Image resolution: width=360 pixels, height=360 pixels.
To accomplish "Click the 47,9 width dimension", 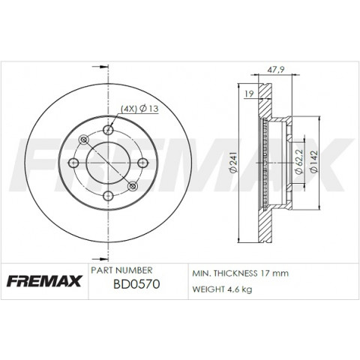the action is pyautogui.click(x=276, y=70).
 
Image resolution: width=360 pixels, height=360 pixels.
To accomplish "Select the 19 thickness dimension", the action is pyautogui.click(x=249, y=94).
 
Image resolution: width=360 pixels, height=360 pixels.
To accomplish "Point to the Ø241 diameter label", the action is pyautogui.click(x=232, y=162).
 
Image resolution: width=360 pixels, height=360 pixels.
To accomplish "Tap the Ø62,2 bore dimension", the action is pyautogui.click(x=299, y=162).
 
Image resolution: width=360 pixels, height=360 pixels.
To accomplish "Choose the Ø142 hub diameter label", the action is pyautogui.click(x=313, y=162).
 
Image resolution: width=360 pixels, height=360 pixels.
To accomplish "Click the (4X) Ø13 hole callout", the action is pyautogui.click(x=139, y=109).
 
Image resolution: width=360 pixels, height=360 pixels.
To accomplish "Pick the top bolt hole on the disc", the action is pyautogui.click(x=108, y=130).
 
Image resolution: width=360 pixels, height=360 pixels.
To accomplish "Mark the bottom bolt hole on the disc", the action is pyautogui.click(x=108, y=196).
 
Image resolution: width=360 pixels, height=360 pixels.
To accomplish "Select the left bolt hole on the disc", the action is pyautogui.click(x=73, y=163).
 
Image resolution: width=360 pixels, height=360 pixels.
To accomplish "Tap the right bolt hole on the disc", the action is pyautogui.click(x=142, y=163).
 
